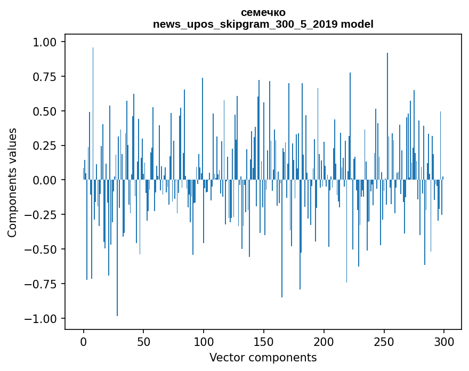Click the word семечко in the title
(x=263, y=12)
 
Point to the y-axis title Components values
(x=12, y=182)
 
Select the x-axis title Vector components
(x=263, y=357)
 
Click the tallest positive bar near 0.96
(x=93, y=107)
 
